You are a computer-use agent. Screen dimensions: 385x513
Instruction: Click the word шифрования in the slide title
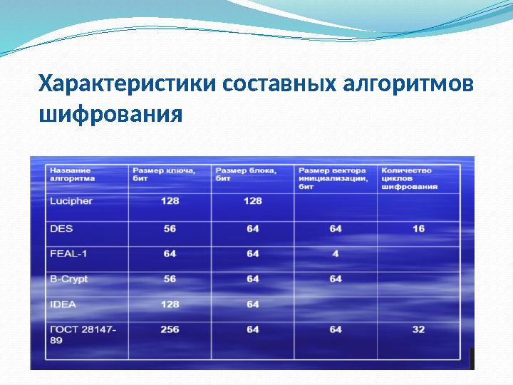(110, 113)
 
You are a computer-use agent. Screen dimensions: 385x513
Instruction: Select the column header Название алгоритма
(71, 175)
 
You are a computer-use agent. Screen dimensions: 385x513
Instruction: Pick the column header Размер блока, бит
(245, 175)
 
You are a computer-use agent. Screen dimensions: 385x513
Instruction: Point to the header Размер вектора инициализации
(333, 178)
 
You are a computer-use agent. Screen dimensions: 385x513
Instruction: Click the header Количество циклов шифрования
(409, 178)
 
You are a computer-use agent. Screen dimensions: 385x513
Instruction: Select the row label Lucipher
(71, 201)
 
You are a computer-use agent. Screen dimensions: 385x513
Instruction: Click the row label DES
(57, 229)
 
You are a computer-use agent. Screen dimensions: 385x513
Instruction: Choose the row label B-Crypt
(68, 279)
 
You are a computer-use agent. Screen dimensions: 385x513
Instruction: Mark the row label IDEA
(63, 304)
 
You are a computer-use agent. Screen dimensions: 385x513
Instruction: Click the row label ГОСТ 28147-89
(83, 334)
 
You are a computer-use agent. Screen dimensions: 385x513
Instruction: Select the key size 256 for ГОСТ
(170, 329)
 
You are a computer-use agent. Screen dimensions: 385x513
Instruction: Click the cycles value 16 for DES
(418, 229)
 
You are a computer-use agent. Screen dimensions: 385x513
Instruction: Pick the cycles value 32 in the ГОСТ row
(418, 329)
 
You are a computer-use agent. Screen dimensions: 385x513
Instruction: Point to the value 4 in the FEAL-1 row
(336, 254)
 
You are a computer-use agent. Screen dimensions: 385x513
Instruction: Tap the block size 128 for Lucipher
(253, 201)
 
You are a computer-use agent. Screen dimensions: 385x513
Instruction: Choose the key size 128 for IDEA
(170, 304)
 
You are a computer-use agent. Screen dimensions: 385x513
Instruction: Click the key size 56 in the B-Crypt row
(170, 279)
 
